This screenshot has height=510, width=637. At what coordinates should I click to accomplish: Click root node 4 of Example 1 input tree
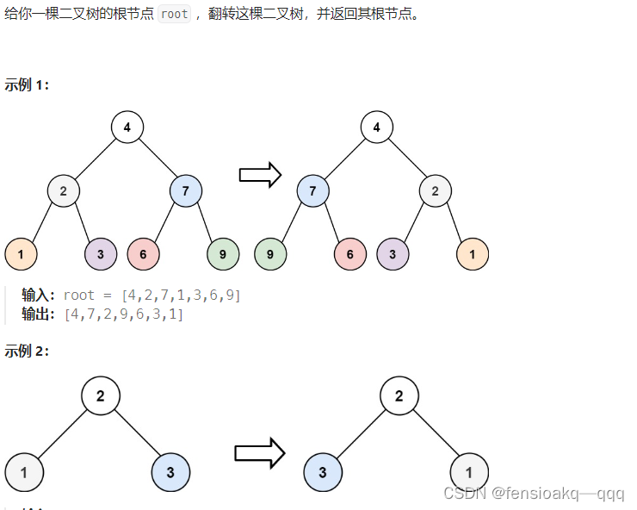point(127,127)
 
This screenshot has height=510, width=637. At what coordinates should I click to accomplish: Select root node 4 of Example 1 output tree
point(376,127)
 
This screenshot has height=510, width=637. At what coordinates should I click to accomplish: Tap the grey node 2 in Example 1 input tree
point(64,190)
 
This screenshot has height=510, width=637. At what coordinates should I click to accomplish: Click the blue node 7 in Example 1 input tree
point(186,190)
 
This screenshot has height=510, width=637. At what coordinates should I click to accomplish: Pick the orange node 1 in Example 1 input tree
point(21,253)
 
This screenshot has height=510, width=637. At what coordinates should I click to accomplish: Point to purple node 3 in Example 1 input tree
point(101,253)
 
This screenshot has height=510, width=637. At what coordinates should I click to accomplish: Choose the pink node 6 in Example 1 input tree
point(143,253)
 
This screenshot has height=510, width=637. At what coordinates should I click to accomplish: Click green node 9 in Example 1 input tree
point(223,253)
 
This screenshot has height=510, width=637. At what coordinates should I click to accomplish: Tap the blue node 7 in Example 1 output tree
point(313,190)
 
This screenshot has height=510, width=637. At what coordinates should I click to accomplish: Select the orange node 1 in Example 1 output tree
point(473,253)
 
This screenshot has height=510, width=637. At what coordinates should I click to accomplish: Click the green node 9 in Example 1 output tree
point(270,253)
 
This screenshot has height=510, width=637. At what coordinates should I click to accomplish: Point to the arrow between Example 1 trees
point(260,175)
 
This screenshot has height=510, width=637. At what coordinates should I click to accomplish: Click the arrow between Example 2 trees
point(259,453)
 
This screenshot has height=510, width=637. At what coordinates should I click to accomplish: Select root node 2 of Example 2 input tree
point(101,396)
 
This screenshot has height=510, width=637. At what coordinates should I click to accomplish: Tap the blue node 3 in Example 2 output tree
point(323,472)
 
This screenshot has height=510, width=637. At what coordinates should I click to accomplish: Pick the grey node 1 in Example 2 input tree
point(24,472)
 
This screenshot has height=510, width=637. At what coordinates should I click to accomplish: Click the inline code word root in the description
point(174,15)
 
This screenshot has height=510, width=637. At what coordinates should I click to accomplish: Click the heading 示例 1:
point(28,84)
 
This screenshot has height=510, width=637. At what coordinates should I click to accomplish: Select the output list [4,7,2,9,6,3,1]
point(124,314)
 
